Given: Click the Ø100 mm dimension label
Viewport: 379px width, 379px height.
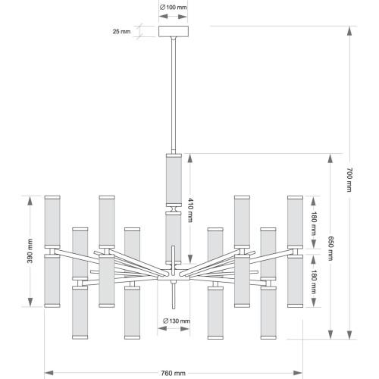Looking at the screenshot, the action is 174,7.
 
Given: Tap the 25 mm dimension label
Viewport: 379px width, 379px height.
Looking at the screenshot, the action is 121,32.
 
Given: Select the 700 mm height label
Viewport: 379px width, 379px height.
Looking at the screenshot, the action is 349,180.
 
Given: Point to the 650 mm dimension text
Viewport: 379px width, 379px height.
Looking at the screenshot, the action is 330,248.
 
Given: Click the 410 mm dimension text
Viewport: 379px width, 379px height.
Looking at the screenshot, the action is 190,210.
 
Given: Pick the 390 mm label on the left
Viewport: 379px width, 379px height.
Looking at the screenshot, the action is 30,251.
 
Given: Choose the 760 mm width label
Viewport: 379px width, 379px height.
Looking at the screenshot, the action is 174,373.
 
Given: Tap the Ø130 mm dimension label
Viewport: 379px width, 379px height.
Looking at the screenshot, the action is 177,321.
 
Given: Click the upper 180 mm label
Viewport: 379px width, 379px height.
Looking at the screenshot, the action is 314,224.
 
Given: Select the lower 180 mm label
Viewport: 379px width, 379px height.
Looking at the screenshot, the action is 314,282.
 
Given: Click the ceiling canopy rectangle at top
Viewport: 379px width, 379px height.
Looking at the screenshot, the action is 174,31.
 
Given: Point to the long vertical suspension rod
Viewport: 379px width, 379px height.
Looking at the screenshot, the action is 174,96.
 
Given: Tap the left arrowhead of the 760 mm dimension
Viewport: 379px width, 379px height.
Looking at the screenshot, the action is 49,373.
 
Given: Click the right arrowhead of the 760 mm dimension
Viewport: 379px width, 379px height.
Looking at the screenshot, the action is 298,373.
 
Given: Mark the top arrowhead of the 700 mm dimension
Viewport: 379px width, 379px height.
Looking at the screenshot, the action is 349,31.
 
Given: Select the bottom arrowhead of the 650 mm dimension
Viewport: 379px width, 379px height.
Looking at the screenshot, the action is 330,334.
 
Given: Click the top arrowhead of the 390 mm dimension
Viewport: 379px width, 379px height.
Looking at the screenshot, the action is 30,201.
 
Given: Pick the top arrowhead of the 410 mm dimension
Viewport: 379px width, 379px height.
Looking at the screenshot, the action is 190,158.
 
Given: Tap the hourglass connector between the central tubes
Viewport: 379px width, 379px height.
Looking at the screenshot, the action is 174,209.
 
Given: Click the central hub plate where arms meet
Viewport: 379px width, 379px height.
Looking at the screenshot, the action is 174,278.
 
